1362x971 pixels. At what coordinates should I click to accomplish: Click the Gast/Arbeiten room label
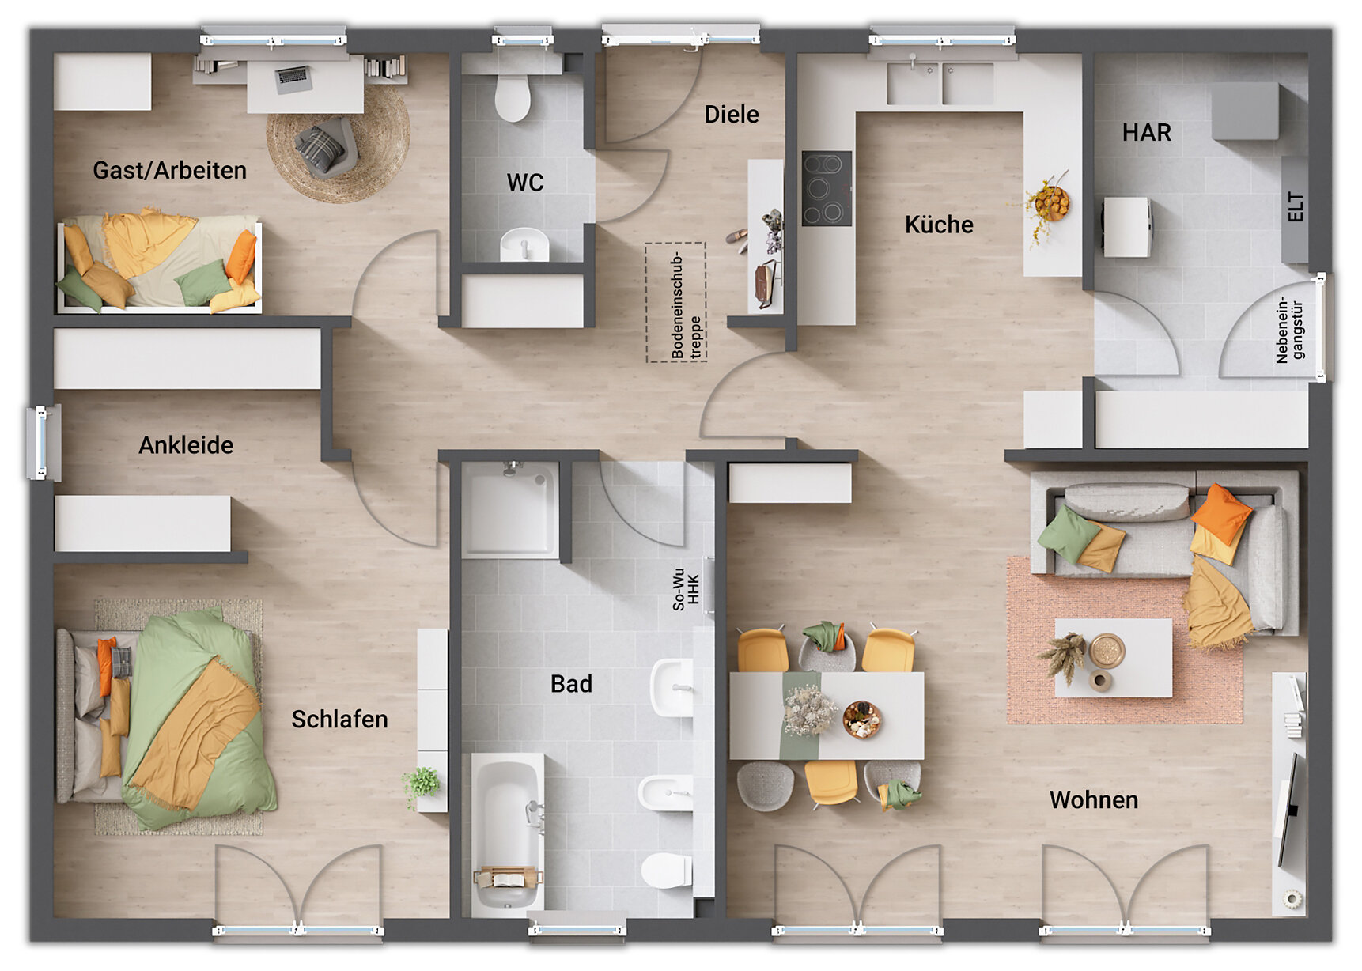point(169,170)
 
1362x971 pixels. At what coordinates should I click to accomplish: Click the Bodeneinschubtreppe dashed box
point(675,302)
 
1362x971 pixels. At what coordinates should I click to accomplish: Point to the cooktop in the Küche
point(827,189)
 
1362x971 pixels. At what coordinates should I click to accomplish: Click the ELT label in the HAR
point(1295,206)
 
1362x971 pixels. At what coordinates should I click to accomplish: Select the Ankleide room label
point(186,445)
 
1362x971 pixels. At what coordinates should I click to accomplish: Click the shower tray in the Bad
point(511,510)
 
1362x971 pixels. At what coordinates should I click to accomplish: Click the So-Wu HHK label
point(686,589)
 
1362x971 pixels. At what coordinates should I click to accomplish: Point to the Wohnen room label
point(1094,800)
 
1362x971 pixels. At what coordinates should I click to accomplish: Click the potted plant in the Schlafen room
point(422,784)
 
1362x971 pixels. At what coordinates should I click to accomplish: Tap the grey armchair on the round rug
point(325,146)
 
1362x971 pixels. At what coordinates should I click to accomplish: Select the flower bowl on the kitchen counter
point(1049,204)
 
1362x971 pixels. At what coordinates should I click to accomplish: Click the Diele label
point(732,115)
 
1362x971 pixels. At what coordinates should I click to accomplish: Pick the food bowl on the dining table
point(861,720)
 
